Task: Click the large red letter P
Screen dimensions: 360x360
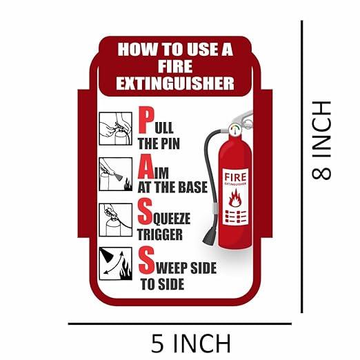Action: pos(146,121)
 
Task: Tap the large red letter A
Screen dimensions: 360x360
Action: pos(146,166)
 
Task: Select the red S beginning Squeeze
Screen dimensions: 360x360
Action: pos(145,212)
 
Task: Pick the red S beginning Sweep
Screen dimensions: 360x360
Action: pos(146,260)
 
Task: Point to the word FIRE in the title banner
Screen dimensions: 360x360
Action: pos(175,66)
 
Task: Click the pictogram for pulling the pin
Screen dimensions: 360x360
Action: pos(116,128)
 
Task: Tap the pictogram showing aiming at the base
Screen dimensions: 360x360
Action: pos(116,174)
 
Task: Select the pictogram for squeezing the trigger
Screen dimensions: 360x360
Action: pos(116,220)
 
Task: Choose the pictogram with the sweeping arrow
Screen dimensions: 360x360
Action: pos(116,263)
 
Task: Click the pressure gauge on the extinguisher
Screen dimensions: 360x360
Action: pos(235,130)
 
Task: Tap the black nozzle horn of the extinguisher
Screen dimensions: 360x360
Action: pos(209,237)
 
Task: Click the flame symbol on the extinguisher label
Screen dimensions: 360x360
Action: pos(235,198)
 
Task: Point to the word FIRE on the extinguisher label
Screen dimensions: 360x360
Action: pos(235,177)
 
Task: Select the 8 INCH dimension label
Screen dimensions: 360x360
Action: pos(321,140)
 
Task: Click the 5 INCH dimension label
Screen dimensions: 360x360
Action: pos(191,343)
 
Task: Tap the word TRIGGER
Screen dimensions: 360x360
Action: pos(160,234)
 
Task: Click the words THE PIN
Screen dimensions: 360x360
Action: pos(159,143)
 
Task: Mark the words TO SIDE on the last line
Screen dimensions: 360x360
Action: pos(163,284)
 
